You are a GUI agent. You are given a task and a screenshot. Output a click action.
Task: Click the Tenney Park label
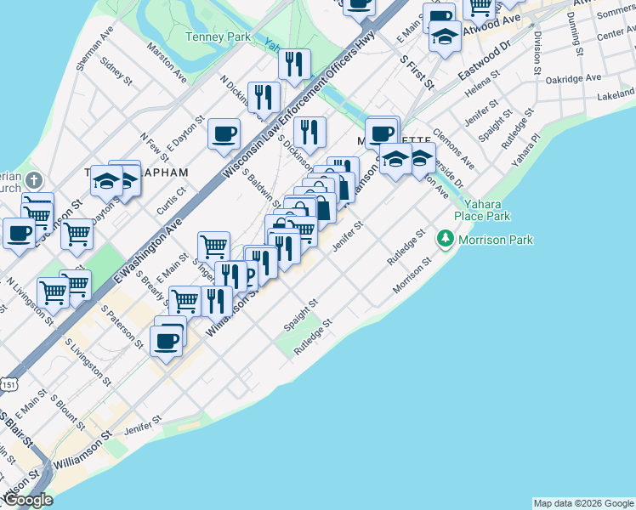point(219,37)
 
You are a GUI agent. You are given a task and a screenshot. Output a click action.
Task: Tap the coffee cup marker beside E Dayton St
point(224,133)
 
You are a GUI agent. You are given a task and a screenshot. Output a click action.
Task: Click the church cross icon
point(33,181)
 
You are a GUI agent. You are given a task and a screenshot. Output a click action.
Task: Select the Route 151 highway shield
point(9,384)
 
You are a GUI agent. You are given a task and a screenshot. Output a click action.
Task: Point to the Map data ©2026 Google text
point(582,503)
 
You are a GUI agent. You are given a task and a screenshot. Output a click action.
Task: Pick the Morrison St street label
point(414,280)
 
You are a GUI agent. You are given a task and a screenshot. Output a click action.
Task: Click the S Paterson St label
point(122,326)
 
